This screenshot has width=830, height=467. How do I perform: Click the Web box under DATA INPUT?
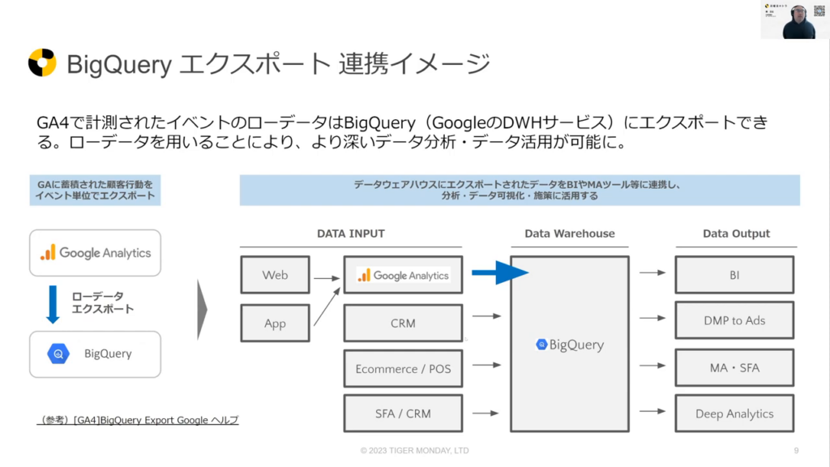pos(275,275)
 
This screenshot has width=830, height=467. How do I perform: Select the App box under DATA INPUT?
pos(275,323)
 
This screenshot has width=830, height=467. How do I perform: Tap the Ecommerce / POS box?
pos(403,369)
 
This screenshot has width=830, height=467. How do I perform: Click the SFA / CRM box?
pos(403,413)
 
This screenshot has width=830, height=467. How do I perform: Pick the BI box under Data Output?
pos(734,275)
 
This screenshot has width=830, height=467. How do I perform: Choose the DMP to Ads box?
pos(734,320)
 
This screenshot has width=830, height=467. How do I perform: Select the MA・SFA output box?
pos(734,367)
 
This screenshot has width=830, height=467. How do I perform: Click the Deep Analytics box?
pos(734,413)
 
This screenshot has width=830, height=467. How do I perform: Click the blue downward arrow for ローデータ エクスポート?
pos(53,302)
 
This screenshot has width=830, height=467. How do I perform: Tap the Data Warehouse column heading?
pos(569,233)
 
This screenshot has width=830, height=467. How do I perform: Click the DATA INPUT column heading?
pos(350,233)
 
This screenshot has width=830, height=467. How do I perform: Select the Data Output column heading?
pos(736,233)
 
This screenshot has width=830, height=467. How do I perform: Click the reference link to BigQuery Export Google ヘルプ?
pos(138,420)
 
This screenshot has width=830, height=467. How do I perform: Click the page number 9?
pos(797,451)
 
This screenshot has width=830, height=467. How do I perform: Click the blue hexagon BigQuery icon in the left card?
pos(59,353)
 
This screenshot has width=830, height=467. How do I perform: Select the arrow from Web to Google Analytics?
pos(327,277)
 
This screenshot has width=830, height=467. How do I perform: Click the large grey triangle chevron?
pos(203,309)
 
